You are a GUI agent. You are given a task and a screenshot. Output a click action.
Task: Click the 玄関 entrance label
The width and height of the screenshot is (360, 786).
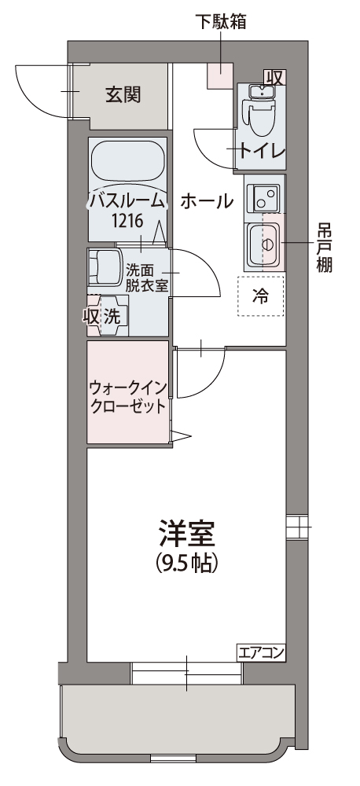point(123,94)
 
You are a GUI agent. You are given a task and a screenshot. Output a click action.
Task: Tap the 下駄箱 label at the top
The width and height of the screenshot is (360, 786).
point(221,21)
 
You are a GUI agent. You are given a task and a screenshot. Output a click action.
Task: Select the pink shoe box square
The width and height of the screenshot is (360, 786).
point(220,75)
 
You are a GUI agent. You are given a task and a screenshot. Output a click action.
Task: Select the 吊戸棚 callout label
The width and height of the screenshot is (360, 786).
point(325,248)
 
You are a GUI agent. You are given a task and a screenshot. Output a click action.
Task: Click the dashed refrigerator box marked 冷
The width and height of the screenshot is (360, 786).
point(261,296)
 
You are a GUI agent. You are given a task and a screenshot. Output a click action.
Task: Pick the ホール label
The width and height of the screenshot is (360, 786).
point(207,201)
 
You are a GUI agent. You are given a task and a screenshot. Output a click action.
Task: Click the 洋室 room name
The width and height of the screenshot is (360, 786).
point(186,533)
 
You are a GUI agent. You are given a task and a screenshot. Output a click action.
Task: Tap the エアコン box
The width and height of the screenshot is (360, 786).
point(261,652)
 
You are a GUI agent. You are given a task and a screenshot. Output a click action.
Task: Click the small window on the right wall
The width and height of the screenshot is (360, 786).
point(299,527)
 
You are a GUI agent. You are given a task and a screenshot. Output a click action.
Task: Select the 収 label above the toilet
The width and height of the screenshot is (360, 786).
point(275,77)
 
